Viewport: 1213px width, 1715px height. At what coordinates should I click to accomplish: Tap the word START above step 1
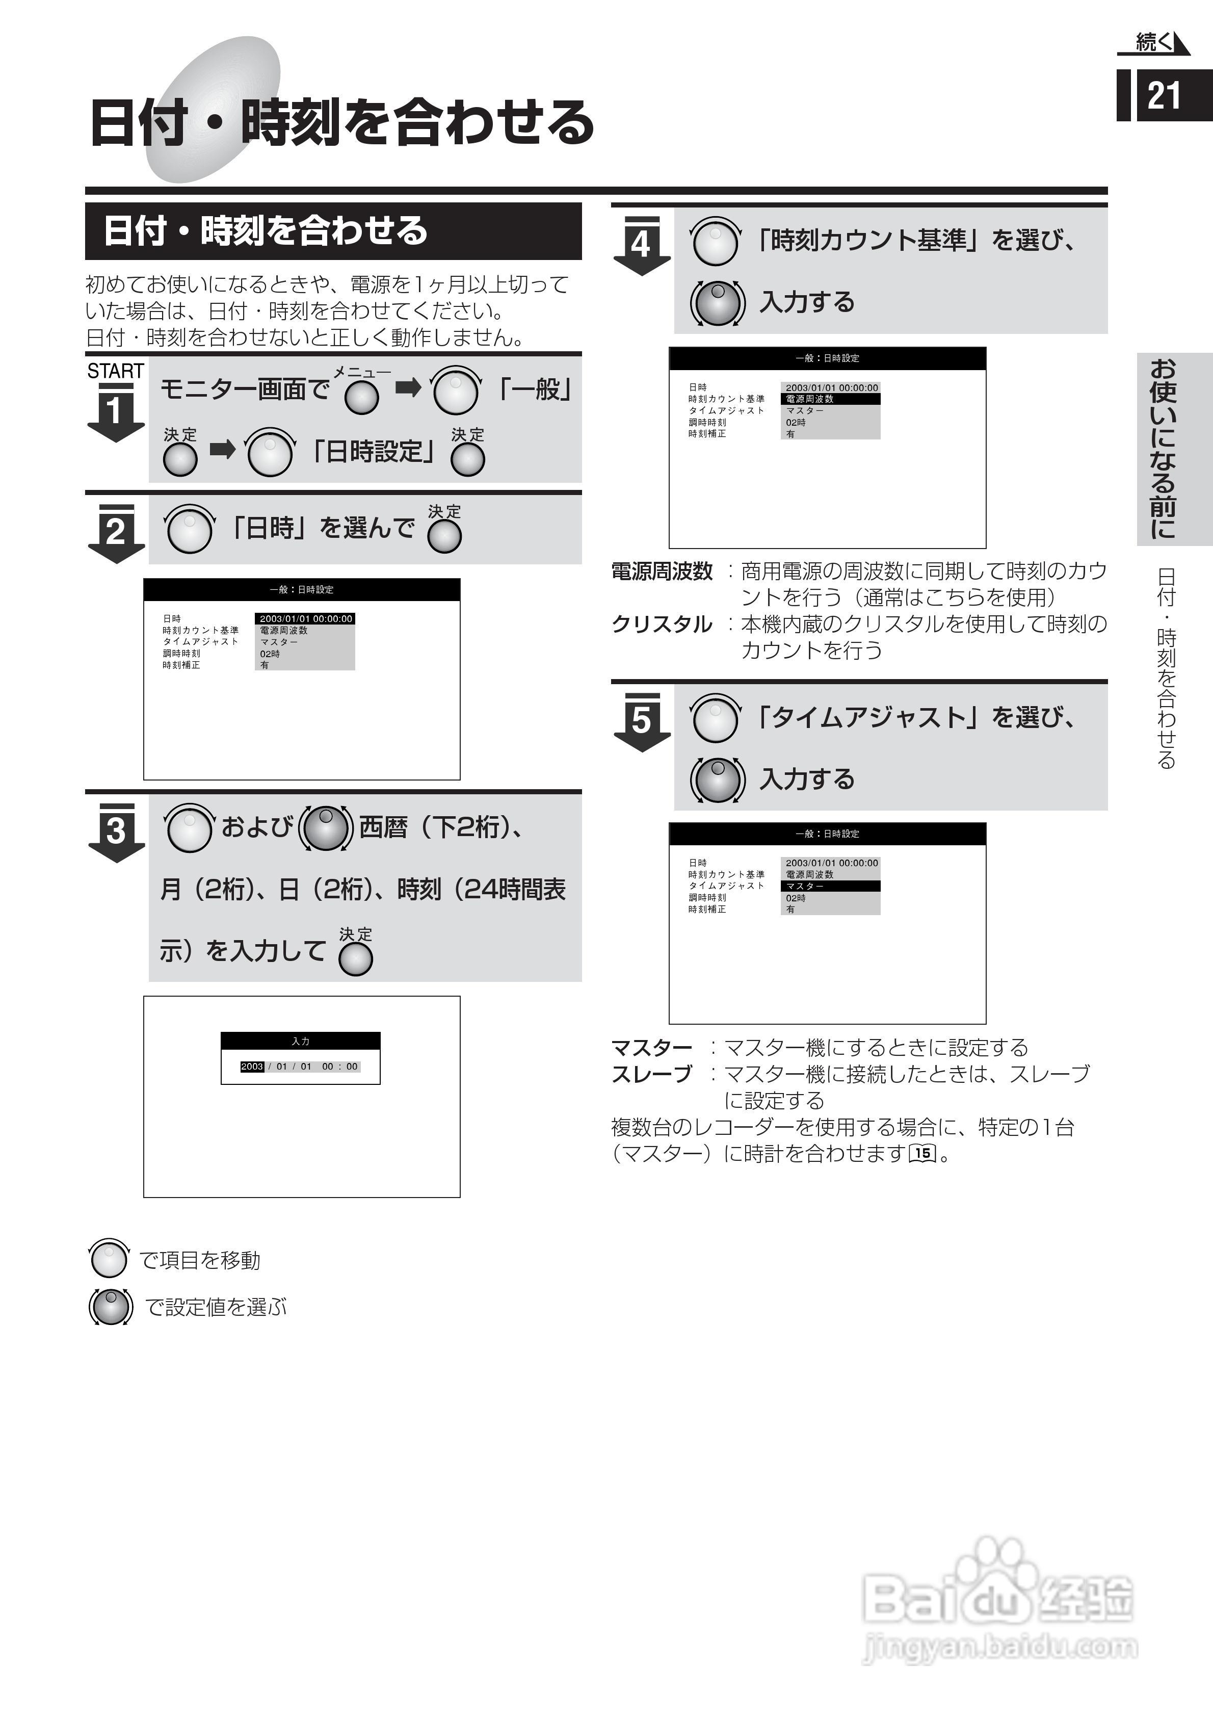pos(115,371)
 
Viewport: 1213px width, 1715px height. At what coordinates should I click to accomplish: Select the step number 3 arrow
pos(116,831)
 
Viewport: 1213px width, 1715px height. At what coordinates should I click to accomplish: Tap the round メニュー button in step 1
pos(361,397)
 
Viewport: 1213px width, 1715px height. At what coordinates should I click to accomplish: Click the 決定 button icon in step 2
pos(444,536)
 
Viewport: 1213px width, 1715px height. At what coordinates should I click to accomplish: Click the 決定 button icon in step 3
pos(356,959)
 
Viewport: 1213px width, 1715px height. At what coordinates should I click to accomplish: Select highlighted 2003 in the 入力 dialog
pos(252,1067)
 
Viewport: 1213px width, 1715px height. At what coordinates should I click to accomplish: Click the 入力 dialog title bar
pos(300,1041)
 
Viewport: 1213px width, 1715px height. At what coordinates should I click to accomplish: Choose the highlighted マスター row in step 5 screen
pos(830,887)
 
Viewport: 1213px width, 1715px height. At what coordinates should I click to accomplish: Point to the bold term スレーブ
pos(651,1074)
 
